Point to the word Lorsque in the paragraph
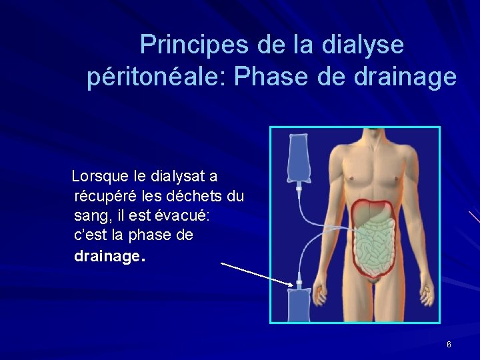point(100,177)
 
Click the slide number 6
point(449,345)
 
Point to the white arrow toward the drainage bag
point(257,273)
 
